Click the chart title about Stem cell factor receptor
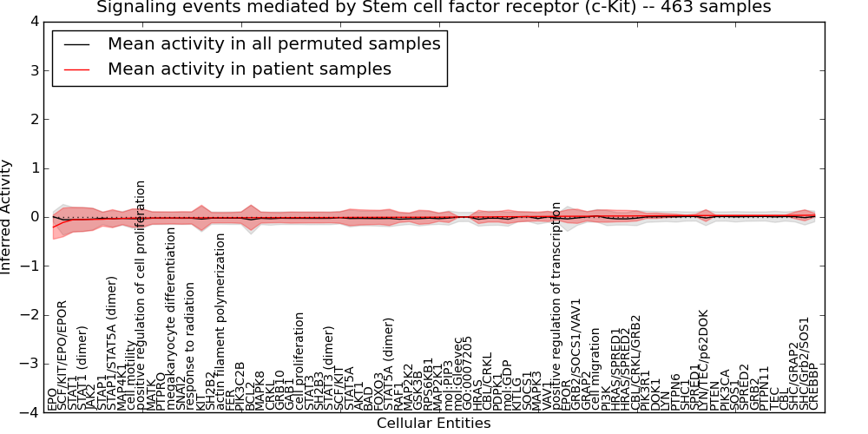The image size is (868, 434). pos(433,8)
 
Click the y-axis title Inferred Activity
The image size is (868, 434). pos(7,217)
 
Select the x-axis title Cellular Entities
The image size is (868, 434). pos(433,424)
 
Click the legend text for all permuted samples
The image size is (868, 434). pos(273,44)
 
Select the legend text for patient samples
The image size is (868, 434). pos(249,69)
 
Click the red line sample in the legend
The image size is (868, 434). pos(76,69)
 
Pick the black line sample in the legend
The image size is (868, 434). pos(76,44)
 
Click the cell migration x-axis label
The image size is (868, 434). pos(596,369)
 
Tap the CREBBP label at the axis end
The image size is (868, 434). pos(813,387)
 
